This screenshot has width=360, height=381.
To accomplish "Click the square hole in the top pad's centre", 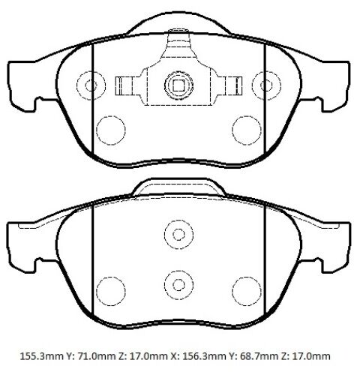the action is point(178,85).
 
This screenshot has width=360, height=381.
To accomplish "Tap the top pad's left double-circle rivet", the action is point(91,85).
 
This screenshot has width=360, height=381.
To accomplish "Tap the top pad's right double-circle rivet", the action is point(266,85).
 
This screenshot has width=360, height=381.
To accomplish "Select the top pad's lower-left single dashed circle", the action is point(111,130).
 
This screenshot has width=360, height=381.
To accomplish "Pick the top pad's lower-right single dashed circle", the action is point(247,130).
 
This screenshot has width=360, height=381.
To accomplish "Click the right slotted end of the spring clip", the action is point(234,85).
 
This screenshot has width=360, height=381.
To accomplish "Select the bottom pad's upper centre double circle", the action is point(178,235).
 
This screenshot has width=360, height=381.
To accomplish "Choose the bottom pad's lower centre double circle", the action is point(178,285).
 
